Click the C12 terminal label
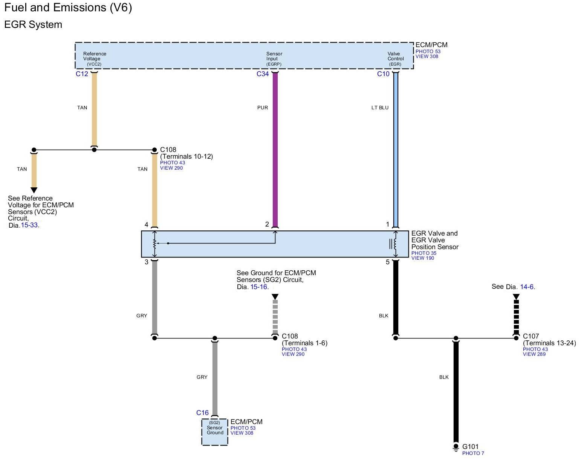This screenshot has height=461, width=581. pyautogui.click(x=82, y=74)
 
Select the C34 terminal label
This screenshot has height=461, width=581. pyautogui.click(x=263, y=74)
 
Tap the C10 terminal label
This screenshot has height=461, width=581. pyautogui.click(x=383, y=74)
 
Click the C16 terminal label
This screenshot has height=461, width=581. pyautogui.click(x=202, y=413)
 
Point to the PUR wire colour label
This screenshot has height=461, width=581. pyautogui.click(x=263, y=108)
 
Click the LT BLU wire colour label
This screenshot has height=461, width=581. pyautogui.click(x=380, y=108)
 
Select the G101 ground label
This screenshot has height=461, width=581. pyautogui.click(x=470, y=447)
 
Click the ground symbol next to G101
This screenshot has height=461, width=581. pyautogui.click(x=456, y=448)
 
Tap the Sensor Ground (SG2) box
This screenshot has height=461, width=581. pyautogui.click(x=215, y=432)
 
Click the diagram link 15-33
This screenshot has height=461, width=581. pyautogui.click(x=29, y=225)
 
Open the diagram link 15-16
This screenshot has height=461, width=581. pyautogui.click(x=259, y=287)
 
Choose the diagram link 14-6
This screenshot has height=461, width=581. pyautogui.click(x=527, y=287)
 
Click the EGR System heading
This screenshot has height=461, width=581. pyautogui.click(x=33, y=25)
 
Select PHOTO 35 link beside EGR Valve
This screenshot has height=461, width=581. pyautogui.click(x=424, y=253)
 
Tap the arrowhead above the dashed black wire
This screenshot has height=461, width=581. pyautogui.click(x=516, y=297)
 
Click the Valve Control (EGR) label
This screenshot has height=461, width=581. pyautogui.click(x=396, y=59)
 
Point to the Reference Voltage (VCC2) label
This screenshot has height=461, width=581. pyautogui.click(x=95, y=59)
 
